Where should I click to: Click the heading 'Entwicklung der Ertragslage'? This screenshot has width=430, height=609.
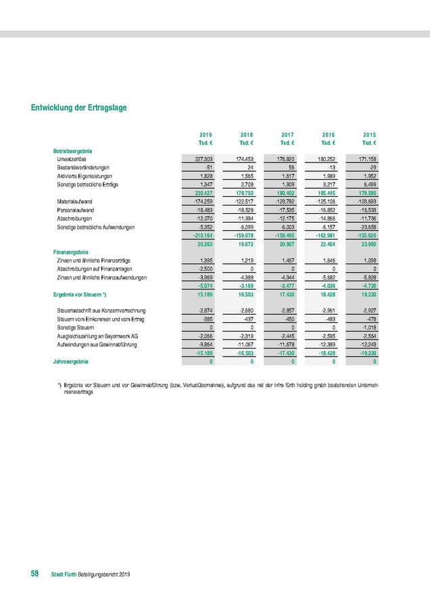pos(78,108)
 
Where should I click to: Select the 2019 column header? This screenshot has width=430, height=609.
pos(206,135)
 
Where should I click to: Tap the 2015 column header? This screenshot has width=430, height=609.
pos(369,135)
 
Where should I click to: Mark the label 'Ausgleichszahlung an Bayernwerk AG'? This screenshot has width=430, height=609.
pos(99,335)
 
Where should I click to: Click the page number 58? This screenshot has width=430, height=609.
pos(34,574)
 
